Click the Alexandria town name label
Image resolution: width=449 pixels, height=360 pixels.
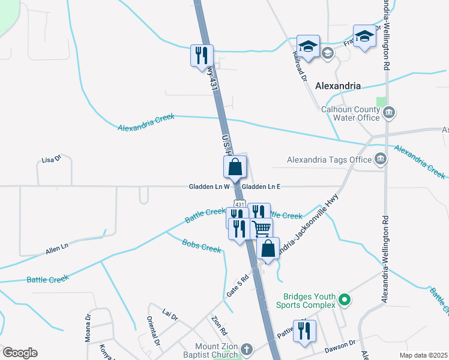pos(338,86)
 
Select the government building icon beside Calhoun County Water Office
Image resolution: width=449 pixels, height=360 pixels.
pos(389,112)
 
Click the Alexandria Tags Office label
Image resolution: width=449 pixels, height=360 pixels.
pos(329,160)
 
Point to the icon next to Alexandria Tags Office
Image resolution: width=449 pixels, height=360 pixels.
pos(380,159)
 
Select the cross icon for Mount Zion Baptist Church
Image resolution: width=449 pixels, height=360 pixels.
pos(246,349)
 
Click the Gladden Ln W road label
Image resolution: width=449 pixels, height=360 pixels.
pos(209,187)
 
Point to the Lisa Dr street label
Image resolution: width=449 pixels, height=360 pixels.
pos(52,159)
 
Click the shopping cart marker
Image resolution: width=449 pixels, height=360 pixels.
pos(262,229)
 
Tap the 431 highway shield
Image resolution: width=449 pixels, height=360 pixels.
pos(239,204)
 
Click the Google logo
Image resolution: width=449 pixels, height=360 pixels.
pos(20,353)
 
